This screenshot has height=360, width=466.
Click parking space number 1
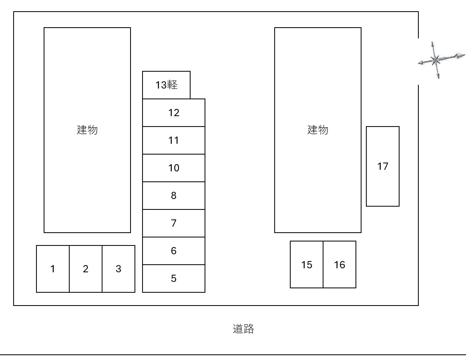click(53, 269)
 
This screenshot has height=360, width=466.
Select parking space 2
click(86, 269)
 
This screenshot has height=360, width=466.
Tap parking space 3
click(119, 269)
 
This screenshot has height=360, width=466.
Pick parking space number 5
click(174, 278)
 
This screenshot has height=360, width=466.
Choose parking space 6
click(174, 251)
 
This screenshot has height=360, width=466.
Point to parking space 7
click(174, 223)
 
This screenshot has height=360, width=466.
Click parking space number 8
click(174, 195)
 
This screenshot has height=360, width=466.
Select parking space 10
click(174, 168)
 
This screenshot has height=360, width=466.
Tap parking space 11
click(174, 140)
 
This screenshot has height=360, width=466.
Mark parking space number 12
click(174, 113)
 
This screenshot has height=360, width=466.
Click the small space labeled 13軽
click(166, 85)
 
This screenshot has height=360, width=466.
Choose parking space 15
click(307, 265)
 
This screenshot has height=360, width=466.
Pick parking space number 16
click(339, 265)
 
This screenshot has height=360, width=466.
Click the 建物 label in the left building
click(87, 130)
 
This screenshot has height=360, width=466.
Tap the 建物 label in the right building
click(318, 130)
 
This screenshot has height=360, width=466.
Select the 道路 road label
click(243, 329)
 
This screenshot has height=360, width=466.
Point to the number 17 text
click(383, 166)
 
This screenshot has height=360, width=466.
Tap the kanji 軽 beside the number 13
click(172, 85)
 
